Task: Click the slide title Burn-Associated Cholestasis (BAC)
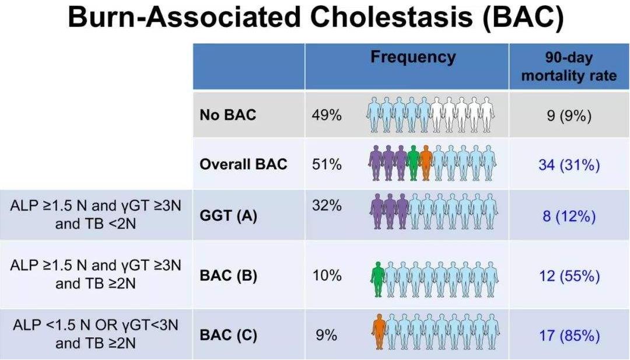point(316,18)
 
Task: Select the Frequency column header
point(413,57)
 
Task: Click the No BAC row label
point(228,114)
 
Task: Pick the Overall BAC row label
point(243,164)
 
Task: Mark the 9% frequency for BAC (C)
point(326,335)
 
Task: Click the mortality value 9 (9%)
point(568,116)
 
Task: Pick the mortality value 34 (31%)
point(568,165)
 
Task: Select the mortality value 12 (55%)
point(568,275)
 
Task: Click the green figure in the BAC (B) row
point(378,278)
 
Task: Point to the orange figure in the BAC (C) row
point(379,331)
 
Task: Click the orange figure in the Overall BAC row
point(426,162)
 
